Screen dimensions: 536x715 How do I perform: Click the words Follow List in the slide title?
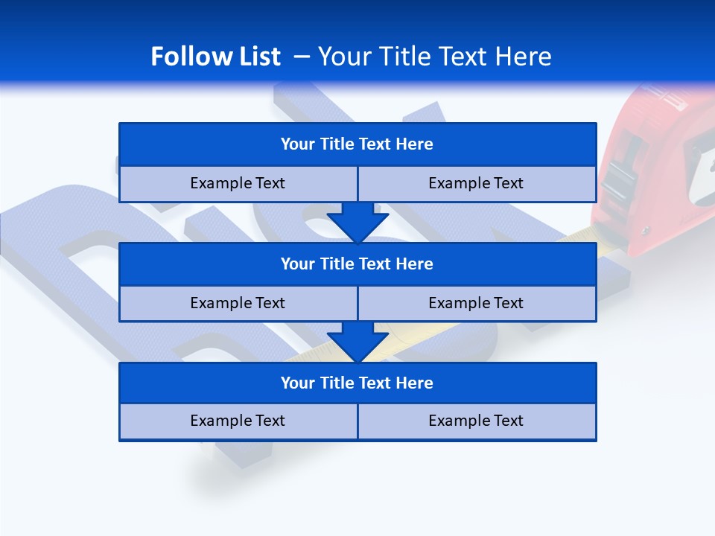215,57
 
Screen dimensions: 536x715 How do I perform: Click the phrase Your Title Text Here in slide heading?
435,57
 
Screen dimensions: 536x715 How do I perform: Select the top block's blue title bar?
357,144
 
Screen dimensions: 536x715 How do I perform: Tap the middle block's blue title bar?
357,264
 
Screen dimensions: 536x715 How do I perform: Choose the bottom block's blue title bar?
357,383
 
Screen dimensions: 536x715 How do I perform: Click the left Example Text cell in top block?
238,183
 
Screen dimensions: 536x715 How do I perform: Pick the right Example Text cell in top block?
476,183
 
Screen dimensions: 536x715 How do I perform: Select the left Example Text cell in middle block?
238,303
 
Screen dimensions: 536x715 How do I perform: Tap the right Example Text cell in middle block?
476,303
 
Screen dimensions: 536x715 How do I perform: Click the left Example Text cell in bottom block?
238,421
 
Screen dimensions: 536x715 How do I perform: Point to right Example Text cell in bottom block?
476,421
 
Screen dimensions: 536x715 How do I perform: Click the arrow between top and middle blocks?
357,222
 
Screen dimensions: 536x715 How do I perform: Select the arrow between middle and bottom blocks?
357,341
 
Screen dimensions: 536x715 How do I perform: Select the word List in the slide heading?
255,57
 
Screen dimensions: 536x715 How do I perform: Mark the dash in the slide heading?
302,57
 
